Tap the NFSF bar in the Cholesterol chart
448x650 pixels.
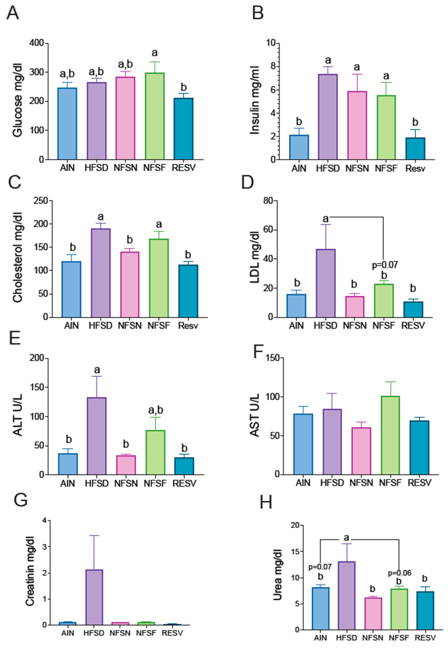tap(159, 278)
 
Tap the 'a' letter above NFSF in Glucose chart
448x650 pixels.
tap(155, 53)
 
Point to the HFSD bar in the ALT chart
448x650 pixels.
tap(97, 436)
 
